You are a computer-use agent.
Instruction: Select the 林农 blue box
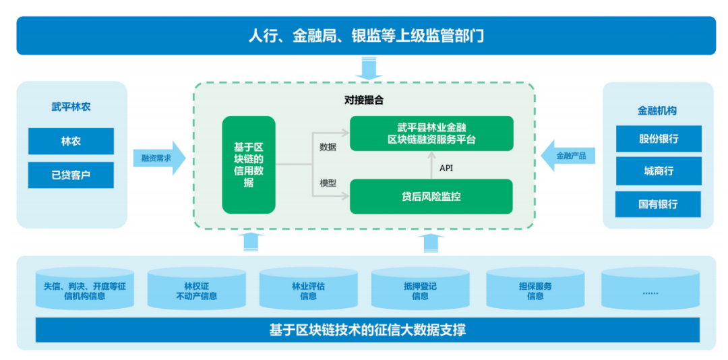(x=71, y=142)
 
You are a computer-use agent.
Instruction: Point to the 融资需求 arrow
(x=157, y=158)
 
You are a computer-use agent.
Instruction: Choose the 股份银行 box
(x=659, y=139)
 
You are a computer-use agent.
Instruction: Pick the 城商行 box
(x=659, y=171)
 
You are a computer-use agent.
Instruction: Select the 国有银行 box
(x=659, y=204)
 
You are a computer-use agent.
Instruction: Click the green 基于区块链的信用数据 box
(x=249, y=164)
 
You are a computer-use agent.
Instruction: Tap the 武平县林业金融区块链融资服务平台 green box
(x=431, y=133)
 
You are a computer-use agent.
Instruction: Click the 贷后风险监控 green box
(x=431, y=196)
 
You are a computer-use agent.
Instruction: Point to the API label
(x=446, y=167)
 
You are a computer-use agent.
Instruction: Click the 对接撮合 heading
(x=364, y=100)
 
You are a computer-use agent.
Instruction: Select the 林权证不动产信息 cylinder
(x=196, y=291)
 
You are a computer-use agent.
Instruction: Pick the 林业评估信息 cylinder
(x=308, y=291)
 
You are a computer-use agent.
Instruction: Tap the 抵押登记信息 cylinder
(x=420, y=291)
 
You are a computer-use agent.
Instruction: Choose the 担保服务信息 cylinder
(x=535, y=291)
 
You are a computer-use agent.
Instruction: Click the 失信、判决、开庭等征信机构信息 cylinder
(x=84, y=291)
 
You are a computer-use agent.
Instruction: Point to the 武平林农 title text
(x=71, y=107)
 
